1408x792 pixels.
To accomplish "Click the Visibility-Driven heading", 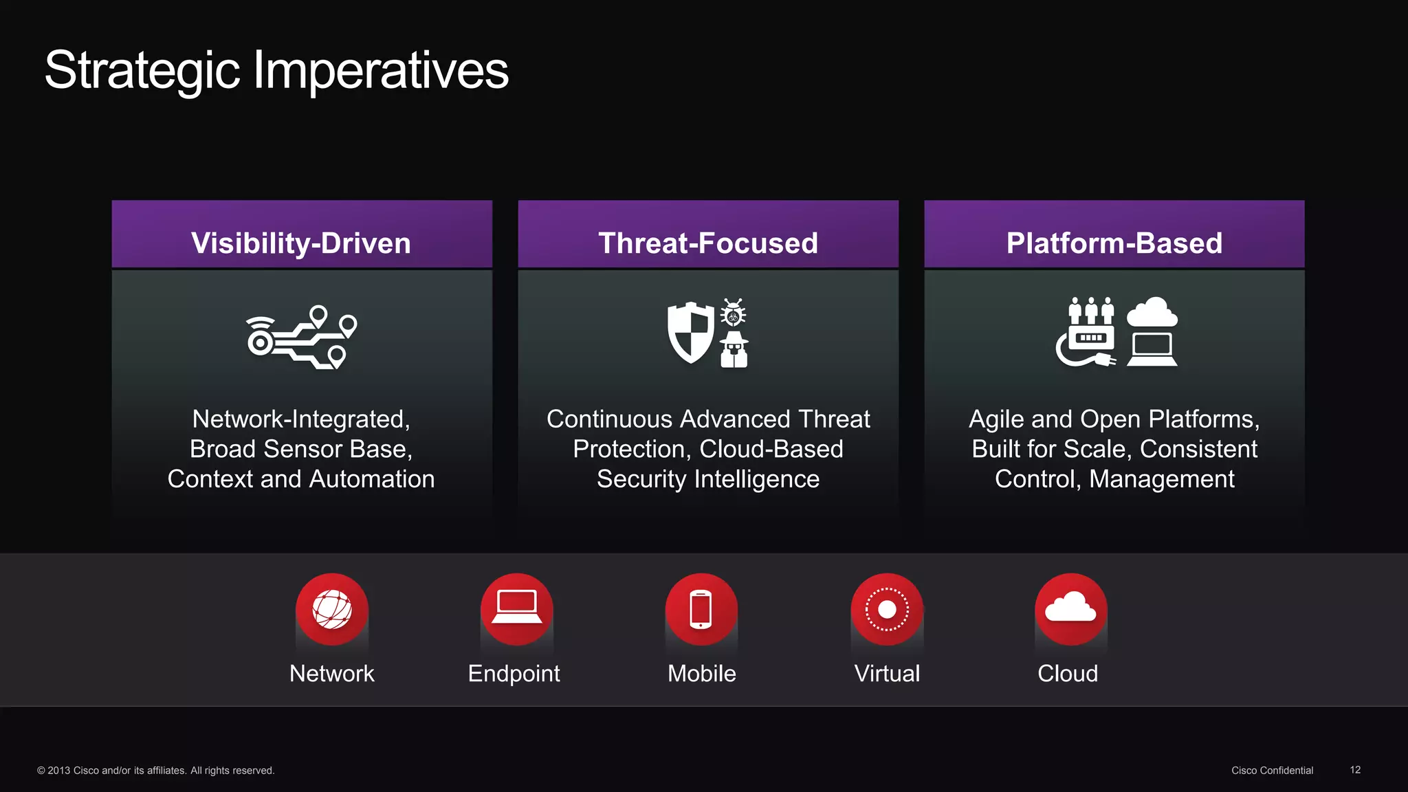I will point(301,243).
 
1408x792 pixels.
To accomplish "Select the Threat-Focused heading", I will point(708,243).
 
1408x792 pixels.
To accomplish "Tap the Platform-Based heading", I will point(1114,243).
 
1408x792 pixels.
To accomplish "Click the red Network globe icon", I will point(332,610).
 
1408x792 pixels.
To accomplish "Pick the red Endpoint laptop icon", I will point(517,610).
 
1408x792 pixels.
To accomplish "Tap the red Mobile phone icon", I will point(701,610).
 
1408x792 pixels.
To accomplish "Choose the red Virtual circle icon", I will point(887,610).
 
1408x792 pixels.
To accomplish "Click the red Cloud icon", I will point(1070,610).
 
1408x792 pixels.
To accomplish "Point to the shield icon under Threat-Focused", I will point(691,333).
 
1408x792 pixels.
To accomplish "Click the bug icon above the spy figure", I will point(733,313).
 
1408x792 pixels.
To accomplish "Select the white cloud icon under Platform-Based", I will point(1152,313).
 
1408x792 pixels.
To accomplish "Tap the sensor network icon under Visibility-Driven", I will point(301,337).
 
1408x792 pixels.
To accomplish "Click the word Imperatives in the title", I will point(381,70).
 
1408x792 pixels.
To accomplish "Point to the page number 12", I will point(1355,770).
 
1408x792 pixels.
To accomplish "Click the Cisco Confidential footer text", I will point(1272,771).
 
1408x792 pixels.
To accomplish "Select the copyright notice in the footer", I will point(156,771).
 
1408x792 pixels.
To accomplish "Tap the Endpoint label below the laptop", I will point(514,674).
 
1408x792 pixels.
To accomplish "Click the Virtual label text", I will point(887,674).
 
